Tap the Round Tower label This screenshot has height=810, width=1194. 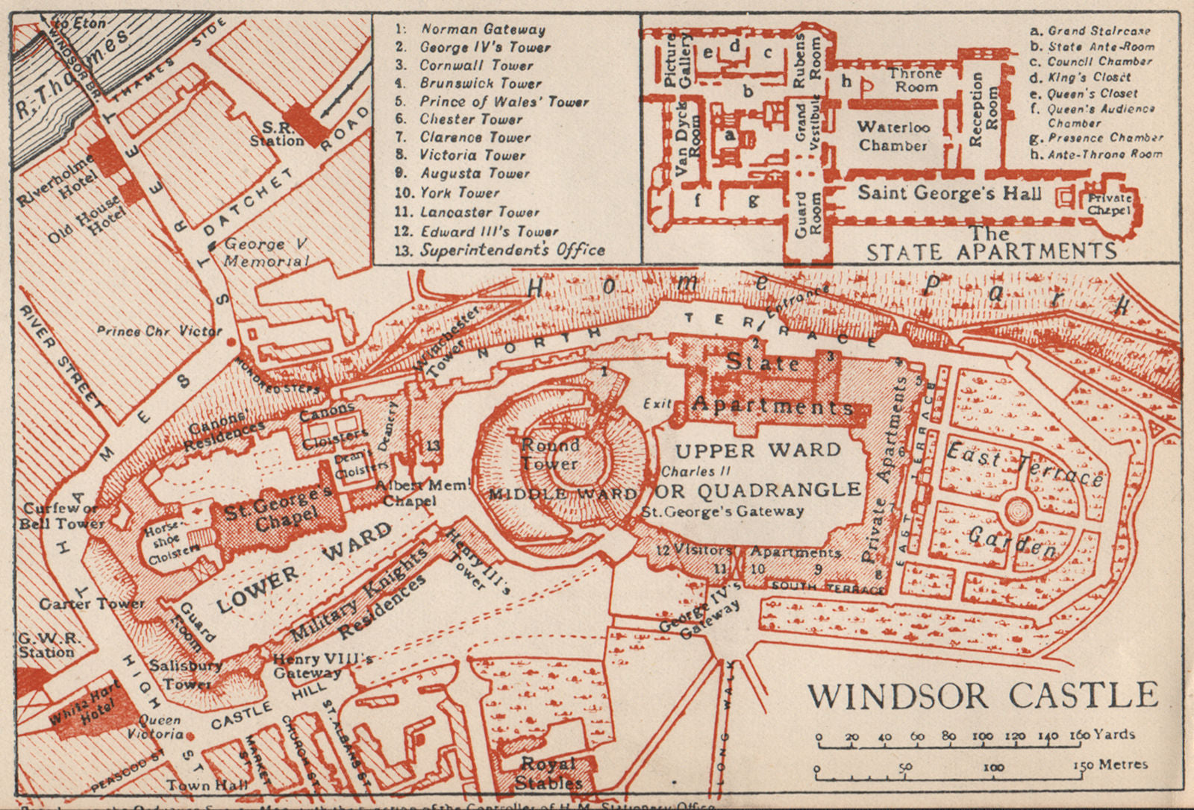(x=550, y=454)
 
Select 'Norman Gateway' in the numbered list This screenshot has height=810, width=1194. (x=483, y=30)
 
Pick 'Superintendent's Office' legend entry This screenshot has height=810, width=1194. (x=511, y=251)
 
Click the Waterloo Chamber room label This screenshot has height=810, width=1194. (x=893, y=136)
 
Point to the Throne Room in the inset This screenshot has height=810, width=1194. (x=916, y=80)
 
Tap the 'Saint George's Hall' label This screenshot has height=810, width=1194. (x=949, y=193)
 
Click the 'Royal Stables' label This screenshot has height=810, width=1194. (x=548, y=773)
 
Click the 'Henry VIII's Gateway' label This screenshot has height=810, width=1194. (x=322, y=665)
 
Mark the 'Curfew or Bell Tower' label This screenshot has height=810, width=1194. (x=60, y=515)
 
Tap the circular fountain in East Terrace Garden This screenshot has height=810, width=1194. (x=1018, y=512)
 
